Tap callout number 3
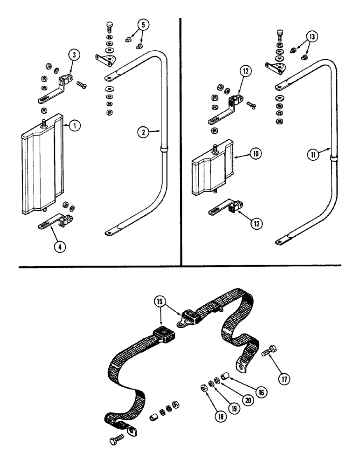pos(75,55)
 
